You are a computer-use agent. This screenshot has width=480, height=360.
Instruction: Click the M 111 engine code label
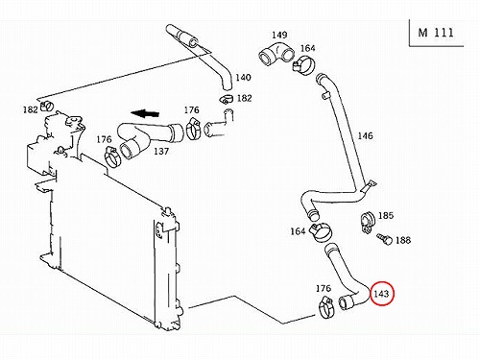click(436, 33)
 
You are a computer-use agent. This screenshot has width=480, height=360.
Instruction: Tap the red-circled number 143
click(381, 294)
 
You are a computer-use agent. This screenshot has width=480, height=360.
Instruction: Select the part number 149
click(279, 35)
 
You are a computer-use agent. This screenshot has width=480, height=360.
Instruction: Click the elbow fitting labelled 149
click(276, 55)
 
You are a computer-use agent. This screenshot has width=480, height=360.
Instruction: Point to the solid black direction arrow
click(145, 113)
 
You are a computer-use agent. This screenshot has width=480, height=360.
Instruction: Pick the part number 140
click(243, 78)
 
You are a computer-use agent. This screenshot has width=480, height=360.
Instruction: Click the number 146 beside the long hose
click(365, 135)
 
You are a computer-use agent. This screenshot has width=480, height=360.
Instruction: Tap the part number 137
click(161, 151)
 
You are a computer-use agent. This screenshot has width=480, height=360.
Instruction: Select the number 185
click(386, 215)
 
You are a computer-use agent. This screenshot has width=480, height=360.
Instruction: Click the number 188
click(403, 240)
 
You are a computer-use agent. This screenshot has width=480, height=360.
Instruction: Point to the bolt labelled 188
click(384, 239)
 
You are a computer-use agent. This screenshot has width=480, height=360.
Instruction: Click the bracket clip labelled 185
click(367, 221)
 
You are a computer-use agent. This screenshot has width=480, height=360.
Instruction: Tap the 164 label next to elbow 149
click(308, 48)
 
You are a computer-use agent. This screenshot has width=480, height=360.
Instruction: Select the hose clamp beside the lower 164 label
click(321, 232)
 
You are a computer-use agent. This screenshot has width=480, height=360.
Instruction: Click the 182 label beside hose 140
click(244, 98)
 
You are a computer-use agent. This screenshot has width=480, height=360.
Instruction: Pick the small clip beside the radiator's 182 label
click(47, 105)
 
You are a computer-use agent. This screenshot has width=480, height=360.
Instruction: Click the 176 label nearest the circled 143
click(324, 288)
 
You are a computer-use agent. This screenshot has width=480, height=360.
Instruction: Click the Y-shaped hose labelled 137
click(148, 137)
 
